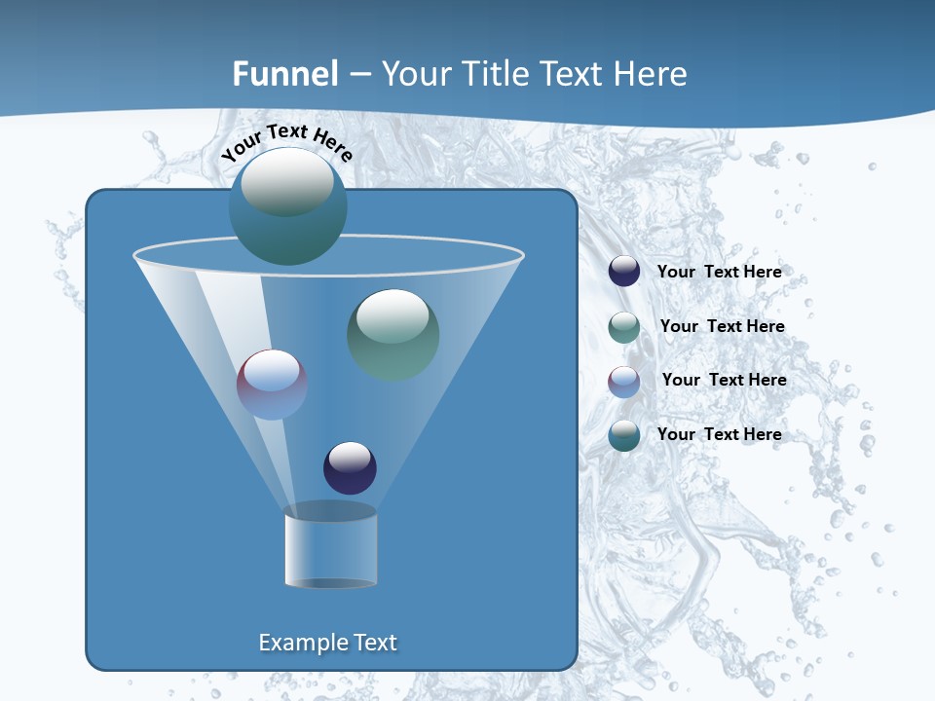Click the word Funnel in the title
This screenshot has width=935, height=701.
284,74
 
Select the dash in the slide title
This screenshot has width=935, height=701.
358,75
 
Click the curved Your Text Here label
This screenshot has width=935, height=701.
286,142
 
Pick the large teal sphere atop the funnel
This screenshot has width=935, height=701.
287,206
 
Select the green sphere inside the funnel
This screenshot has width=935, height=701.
393,334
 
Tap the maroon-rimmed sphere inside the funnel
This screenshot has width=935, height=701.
272,385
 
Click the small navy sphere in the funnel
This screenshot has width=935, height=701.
350,467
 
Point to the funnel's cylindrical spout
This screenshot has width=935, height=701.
330,548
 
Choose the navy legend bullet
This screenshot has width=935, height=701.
624,271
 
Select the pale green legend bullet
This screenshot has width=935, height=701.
624,327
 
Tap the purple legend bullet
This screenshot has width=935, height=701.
624,381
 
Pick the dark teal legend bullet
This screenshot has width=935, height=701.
624,434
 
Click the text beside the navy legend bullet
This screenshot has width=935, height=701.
719,272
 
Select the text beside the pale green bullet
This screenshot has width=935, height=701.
722,326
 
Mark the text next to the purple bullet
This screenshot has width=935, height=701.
724,380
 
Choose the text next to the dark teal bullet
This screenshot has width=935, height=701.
719,434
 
